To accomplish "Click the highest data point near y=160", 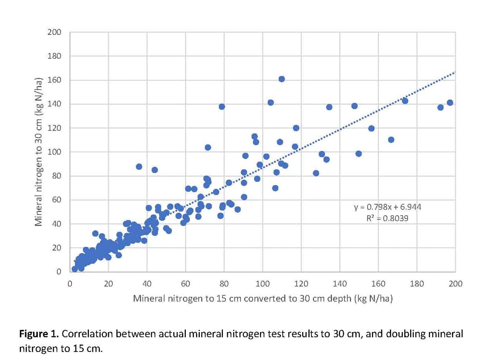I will click(282, 79).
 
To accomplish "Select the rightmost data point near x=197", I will click(450, 102).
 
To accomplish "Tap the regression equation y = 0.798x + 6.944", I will click(387, 207).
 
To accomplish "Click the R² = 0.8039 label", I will click(387, 218).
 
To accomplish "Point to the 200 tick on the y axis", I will click(54, 32).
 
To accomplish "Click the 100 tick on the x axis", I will click(263, 284).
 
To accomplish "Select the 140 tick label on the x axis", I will click(340, 284).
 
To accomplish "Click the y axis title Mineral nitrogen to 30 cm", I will click(39, 151).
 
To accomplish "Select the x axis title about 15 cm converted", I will click(263, 298).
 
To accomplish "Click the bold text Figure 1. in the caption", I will click(39, 334).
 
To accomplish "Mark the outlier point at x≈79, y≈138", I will click(222, 107).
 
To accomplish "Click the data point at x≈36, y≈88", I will click(139, 166).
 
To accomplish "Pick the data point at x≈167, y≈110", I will click(391, 140).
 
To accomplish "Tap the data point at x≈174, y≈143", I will click(405, 101).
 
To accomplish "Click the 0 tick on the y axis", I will click(58, 272).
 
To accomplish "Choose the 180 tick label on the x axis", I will click(417, 284).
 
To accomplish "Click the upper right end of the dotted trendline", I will click(454, 73).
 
